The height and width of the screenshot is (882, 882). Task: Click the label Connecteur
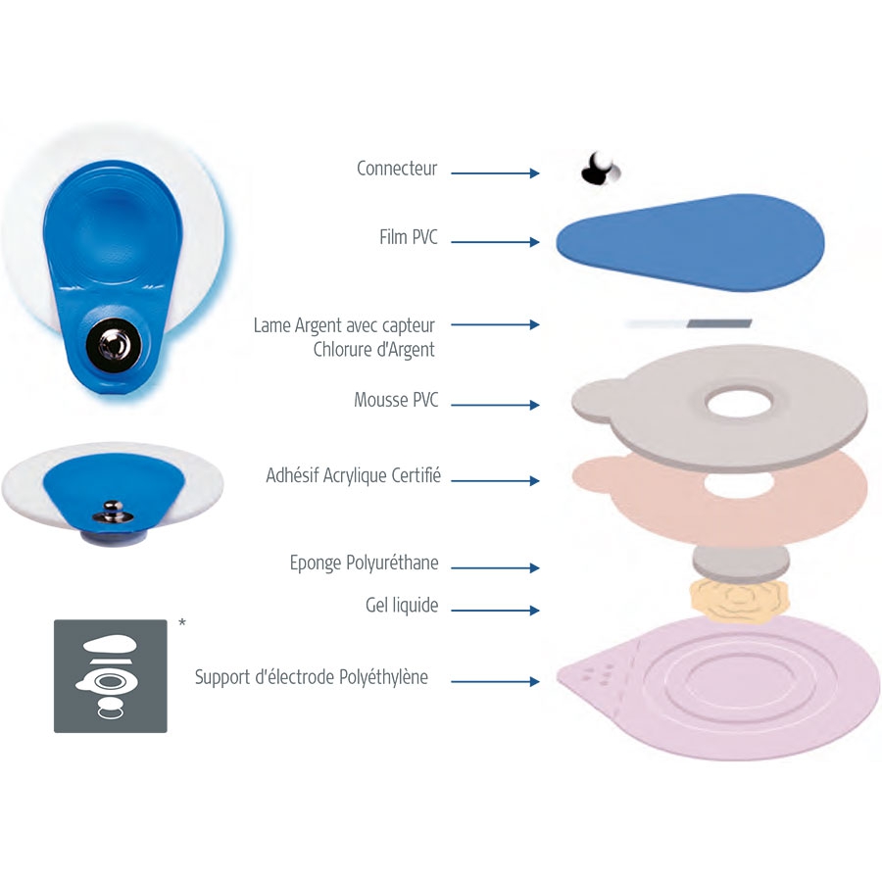coord(397,169)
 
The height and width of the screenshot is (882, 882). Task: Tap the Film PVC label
coord(409,237)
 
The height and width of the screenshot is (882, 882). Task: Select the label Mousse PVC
coord(396,400)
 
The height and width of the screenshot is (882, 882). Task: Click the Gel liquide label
coord(402,606)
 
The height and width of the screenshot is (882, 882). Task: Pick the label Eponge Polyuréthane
coord(364,563)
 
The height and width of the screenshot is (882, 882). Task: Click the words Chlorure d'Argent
coord(373,349)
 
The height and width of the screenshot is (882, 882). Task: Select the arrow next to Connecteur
coord(495,173)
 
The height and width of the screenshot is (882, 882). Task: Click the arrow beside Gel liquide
coord(495,611)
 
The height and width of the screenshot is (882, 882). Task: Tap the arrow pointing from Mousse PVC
coord(495,405)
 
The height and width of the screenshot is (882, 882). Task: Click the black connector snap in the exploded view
coord(600,169)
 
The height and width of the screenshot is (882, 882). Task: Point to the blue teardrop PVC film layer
coord(690,242)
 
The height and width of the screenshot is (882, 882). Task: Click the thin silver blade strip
coord(689,323)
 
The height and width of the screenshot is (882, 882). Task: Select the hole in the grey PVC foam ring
coord(739,402)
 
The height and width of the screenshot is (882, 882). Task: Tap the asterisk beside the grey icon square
coord(181,622)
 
